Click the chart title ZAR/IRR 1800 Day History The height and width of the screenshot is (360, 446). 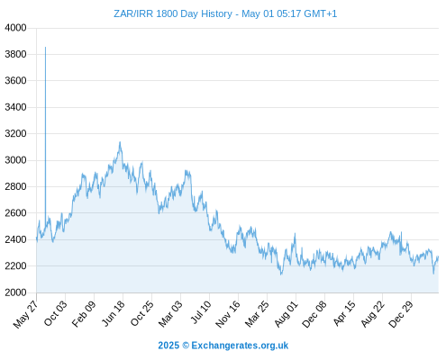(173, 13)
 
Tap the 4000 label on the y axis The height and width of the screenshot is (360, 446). (15, 28)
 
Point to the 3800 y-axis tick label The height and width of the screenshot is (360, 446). (15, 54)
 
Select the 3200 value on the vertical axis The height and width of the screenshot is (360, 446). (15, 133)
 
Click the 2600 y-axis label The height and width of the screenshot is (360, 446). (15, 213)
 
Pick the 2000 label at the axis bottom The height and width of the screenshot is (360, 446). (15, 292)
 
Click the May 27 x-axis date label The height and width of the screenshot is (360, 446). (26, 314)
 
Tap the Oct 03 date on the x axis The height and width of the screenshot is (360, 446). (56, 313)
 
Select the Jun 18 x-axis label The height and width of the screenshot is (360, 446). (114, 313)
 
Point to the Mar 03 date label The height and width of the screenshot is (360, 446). (170, 313)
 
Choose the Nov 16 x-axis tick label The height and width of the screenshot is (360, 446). (228, 314)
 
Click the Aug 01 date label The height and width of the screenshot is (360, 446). (286, 313)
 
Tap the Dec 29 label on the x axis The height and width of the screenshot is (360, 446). (401, 314)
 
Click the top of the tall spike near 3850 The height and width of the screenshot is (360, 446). (45, 47)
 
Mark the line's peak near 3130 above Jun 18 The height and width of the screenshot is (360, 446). (120, 142)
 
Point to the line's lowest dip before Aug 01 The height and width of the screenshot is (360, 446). (281, 274)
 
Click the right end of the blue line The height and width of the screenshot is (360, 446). (438, 256)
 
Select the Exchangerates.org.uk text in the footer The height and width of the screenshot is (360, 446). (240, 346)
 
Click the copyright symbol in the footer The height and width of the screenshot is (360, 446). (186, 346)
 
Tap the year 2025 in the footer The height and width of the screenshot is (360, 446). (168, 346)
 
